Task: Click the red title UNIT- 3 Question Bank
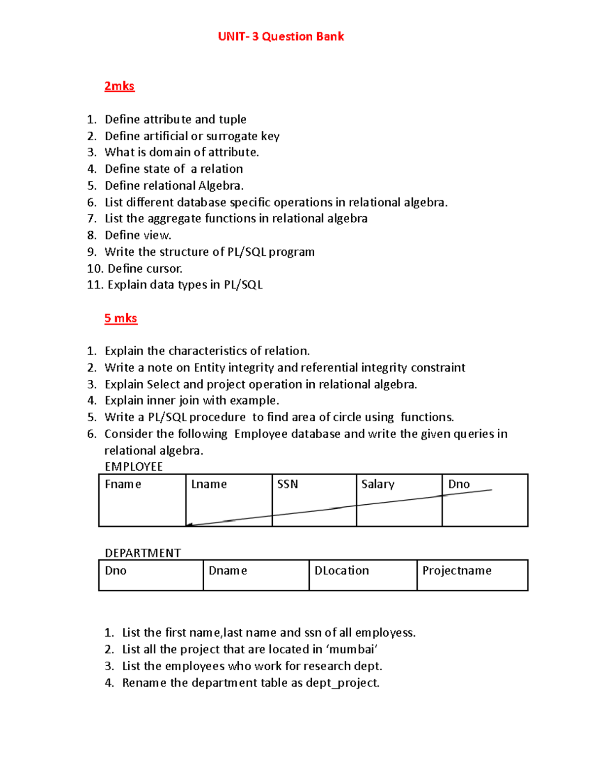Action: (x=281, y=37)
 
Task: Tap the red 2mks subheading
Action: (x=119, y=86)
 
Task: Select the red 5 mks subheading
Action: (x=120, y=318)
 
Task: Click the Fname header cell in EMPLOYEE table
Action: (x=142, y=500)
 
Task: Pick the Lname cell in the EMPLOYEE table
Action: (x=229, y=500)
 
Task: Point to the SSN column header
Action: (x=288, y=484)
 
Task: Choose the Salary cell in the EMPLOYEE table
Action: (x=399, y=500)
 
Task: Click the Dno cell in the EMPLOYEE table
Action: (x=484, y=500)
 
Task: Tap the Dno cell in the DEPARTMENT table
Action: (x=150, y=575)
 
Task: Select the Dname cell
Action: (x=256, y=575)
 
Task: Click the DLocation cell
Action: (x=363, y=575)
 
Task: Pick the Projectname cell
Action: (x=472, y=575)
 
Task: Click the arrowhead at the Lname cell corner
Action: (x=189, y=525)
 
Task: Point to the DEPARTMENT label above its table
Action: (x=143, y=553)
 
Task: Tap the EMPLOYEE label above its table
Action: (x=133, y=467)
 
